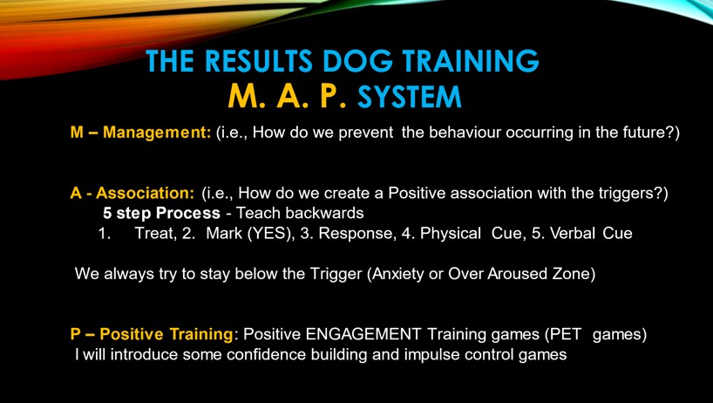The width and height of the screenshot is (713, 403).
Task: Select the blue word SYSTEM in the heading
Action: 410,97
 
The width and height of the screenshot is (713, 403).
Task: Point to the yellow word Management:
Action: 157,133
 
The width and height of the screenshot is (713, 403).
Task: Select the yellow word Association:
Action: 145,193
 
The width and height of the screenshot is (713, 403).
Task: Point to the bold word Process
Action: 187,213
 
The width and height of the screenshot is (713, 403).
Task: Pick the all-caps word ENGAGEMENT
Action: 363,334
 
